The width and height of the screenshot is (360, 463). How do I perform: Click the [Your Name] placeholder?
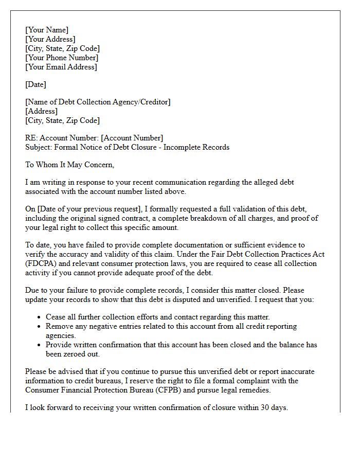coord(47,30)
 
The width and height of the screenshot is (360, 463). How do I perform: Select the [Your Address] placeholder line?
coord(50,39)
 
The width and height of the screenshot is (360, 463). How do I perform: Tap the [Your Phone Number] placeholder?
coord(62,58)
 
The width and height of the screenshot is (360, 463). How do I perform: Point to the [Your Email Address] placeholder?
coord(61,67)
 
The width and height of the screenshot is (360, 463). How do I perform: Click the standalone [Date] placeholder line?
coord(36,84)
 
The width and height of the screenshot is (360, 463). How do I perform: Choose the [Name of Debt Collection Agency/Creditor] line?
coord(98,102)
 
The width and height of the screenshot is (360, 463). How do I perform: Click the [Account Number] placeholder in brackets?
coord(132,138)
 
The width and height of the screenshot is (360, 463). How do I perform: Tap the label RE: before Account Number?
coord(31,138)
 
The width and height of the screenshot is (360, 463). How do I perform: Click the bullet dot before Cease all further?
coord(40,317)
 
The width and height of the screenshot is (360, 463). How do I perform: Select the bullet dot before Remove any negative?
coord(40,327)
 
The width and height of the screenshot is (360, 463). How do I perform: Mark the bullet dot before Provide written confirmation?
coord(40,345)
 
